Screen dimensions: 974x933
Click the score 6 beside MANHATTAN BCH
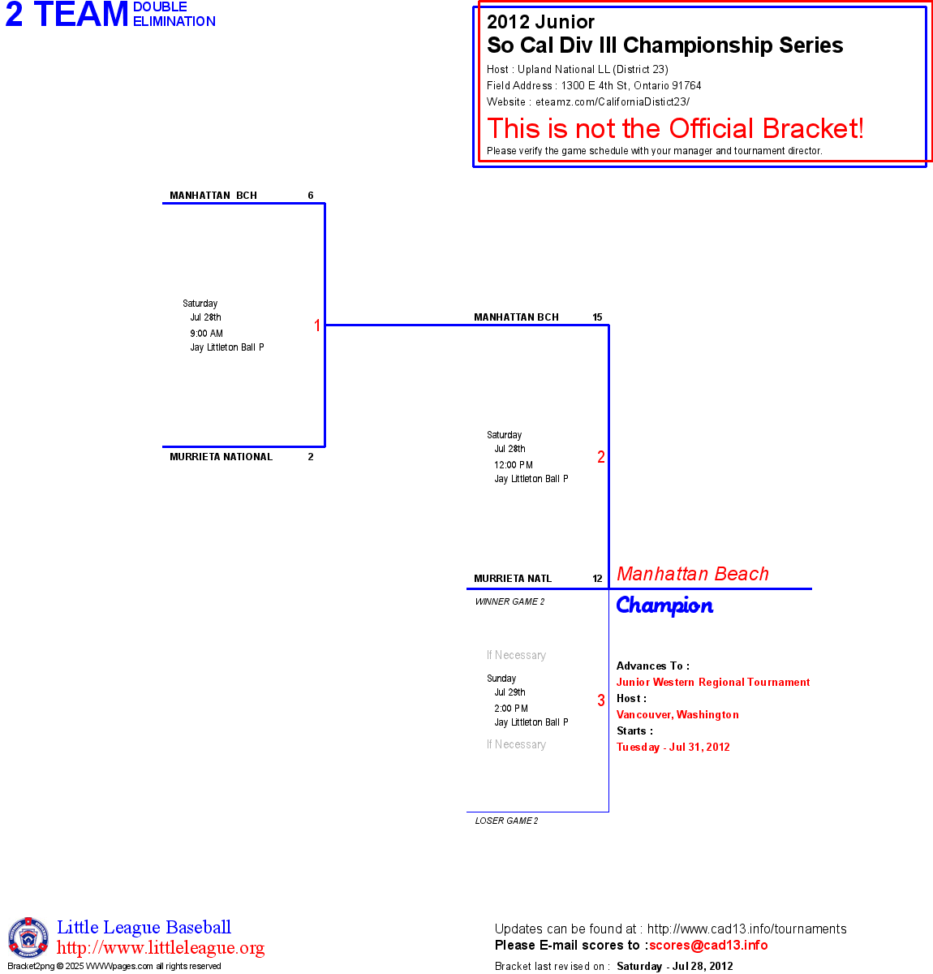pyautogui.click(x=311, y=196)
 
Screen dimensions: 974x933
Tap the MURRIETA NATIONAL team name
pyautogui.click(x=221, y=457)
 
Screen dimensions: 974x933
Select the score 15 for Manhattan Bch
pyautogui.click(x=597, y=317)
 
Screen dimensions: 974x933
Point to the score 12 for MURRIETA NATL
pyautogui.click(x=597, y=579)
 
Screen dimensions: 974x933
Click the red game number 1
pyautogui.click(x=317, y=325)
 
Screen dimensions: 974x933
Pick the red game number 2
pyautogui.click(x=601, y=457)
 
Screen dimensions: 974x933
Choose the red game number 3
pyautogui.click(x=601, y=700)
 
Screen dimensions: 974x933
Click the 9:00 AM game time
pyautogui.click(x=206, y=334)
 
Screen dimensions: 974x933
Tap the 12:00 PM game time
pyautogui.click(x=514, y=465)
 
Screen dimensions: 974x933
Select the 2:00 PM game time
pyautogui.click(x=511, y=709)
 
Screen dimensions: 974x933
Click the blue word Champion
pyautogui.click(x=664, y=606)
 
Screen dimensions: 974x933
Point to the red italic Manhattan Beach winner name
pyautogui.click(x=692, y=574)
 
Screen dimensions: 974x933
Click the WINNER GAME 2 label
pyautogui.click(x=509, y=601)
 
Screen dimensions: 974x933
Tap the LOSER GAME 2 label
pyautogui.click(x=506, y=821)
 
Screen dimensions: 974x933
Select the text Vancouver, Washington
pyautogui.click(x=677, y=715)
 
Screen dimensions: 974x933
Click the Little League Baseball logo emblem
pyautogui.click(x=28, y=937)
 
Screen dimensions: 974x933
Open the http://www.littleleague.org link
pyautogui.click(x=161, y=948)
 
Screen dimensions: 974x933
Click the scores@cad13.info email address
pyautogui.click(x=708, y=945)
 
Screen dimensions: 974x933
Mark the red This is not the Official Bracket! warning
pyautogui.click(x=675, y=128)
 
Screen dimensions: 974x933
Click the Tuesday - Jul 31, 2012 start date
pyautogui.click(x=673, y=748)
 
